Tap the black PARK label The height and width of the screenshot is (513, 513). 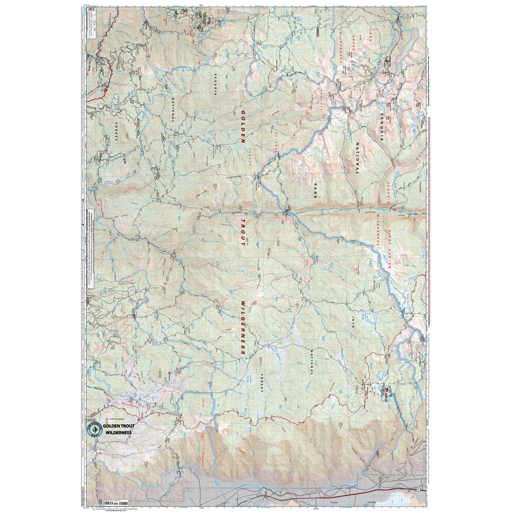pos(315,191)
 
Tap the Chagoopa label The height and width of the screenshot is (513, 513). pos(419,190)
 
